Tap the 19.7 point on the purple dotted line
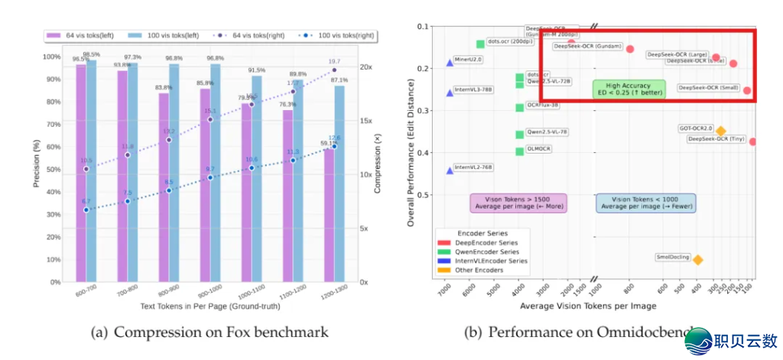333,70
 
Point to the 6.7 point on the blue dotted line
86,209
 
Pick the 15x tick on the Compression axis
367,121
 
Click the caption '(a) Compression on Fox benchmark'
210,332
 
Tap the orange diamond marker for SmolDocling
697,260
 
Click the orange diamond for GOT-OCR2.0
720,131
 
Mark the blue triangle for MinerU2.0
450,63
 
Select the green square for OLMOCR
519,151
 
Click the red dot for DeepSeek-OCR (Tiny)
753,141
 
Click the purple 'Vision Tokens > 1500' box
511,203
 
